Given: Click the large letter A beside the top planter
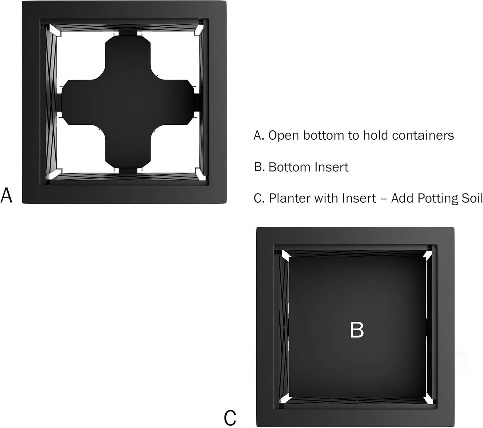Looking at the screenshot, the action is (x=6, y=195).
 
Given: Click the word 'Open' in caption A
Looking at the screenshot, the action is (x=283, y=135).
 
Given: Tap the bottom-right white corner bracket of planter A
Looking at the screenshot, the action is (x=201, y=174).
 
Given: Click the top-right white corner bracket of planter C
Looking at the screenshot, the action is (x=428, y=255).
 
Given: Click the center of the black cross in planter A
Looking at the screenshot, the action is (x=128, y=102).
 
